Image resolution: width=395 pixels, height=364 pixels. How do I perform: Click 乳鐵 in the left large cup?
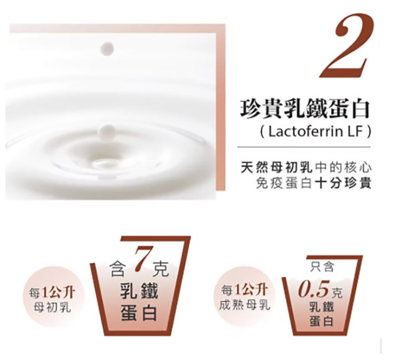tap(139, 291)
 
